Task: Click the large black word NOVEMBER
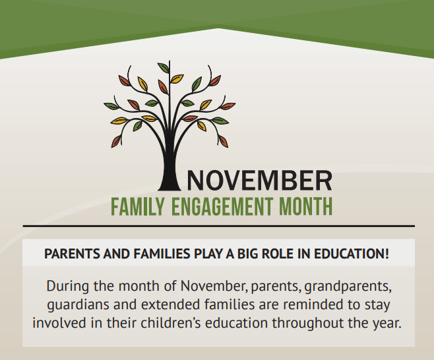pos(260,181)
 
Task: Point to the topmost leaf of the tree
pos(164,68)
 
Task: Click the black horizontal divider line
pos(219,226)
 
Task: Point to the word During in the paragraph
pos(68,286)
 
